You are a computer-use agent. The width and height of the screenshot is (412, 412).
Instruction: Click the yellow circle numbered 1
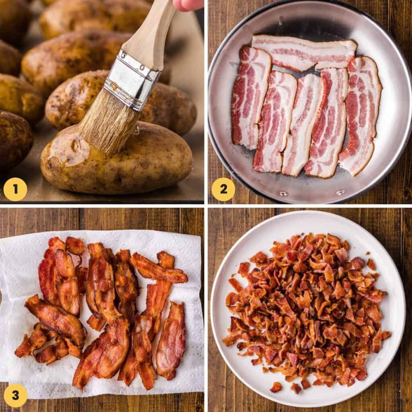pyautogui.click(x=15, y=189)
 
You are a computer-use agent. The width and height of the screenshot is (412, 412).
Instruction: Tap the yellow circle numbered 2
pyautogui.click(x=223, y=189)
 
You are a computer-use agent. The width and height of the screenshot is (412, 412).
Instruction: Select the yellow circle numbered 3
pyautogui.click(x=15, y=396)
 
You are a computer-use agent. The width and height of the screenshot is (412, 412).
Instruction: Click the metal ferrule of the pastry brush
pyautogui.click(x=132, y=80)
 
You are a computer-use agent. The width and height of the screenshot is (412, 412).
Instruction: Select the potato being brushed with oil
pyautogui.click(x=117, y=158)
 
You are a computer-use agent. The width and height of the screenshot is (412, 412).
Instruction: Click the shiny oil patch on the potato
pyautogui.click(x=69, y=150)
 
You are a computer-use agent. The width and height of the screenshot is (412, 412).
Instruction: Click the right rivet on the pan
pyautogui.click(x=340, y=192)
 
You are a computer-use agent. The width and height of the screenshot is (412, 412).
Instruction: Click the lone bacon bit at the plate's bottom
pyautogui.click(x=276, y=387)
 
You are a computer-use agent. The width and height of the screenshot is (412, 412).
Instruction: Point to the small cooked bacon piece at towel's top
pyautogui.click(x=75, y=246)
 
